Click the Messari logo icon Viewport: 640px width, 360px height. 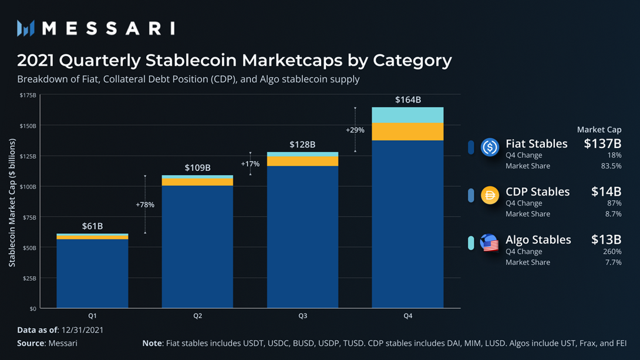26,28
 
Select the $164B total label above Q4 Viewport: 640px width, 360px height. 408,100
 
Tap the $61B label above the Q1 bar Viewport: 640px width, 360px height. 92,226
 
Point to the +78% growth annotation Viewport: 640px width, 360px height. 145,205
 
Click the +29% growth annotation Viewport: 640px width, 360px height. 355,130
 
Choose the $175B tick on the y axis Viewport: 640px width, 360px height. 28,95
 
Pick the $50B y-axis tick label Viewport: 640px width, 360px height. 29,248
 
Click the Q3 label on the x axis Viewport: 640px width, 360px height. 302,316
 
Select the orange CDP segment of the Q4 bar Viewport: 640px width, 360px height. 408,132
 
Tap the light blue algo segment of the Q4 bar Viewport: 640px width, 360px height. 408,115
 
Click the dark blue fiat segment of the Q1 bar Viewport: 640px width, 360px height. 92,273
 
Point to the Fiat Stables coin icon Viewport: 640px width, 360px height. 490,147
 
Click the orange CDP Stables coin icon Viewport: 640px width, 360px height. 490,195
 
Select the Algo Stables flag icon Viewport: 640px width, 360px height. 490,243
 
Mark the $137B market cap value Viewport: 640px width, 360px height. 602,144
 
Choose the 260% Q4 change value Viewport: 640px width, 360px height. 613,251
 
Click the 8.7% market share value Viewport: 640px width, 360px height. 613,214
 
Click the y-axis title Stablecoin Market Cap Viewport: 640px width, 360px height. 12,203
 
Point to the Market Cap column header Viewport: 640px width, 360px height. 599,130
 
